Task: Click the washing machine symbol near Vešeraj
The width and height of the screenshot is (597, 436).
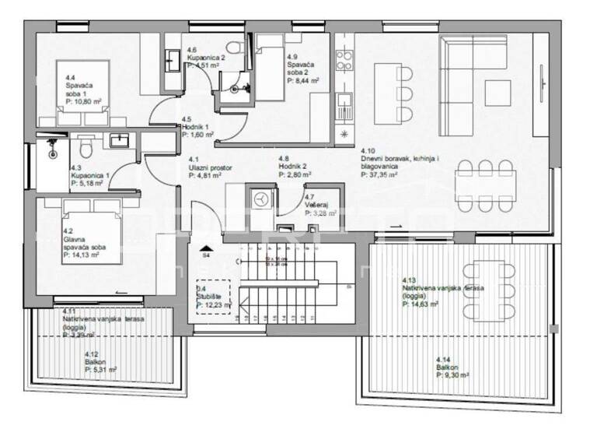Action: [259, 199]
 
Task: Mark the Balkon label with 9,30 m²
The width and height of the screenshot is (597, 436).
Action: [454, 370]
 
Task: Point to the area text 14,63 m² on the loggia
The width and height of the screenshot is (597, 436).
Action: [420, 305]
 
